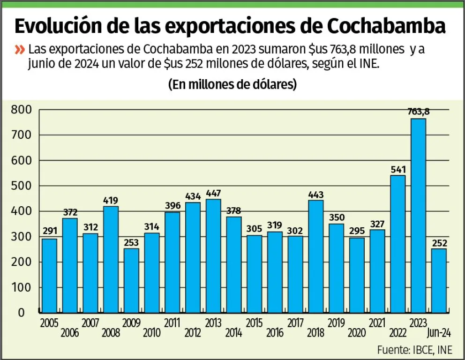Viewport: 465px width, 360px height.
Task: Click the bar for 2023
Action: (x=418, y=216)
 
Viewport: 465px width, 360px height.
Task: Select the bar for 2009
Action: (x=131, y=280)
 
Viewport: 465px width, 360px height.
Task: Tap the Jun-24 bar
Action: (x=439, y=280)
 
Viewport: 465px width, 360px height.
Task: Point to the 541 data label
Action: (x=397, y=169)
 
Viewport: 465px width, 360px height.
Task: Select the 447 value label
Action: (x=213, y=193)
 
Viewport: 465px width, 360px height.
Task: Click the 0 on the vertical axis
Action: (x=21, y=312)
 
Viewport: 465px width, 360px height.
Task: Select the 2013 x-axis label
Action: (x=213, y=323)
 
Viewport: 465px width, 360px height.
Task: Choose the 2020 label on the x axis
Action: (x=357, y=333)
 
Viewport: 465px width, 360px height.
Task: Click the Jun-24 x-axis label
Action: (x=439, y=333)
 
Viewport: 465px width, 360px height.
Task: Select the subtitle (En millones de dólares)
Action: (x=232, y=84)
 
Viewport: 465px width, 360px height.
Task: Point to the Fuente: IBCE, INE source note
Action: (x=415, y=350)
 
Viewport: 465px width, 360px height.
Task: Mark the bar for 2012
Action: (x=193, y=257)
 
